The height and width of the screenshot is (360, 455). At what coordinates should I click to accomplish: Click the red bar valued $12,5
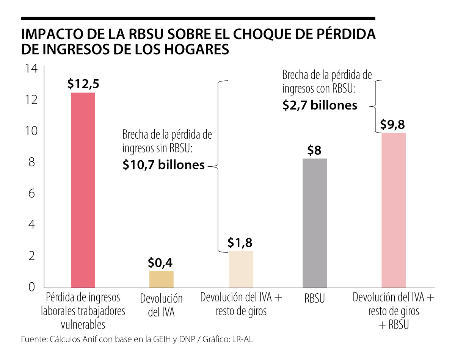click(83, 189)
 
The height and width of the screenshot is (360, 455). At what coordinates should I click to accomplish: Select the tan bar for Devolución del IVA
click(162, 279)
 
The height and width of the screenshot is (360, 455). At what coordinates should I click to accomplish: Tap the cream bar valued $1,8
click(241, 269)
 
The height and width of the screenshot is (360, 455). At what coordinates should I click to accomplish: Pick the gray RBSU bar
click(315, 223)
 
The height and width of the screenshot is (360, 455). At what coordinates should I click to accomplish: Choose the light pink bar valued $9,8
click(394, 210)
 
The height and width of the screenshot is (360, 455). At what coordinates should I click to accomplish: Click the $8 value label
click(314, 150)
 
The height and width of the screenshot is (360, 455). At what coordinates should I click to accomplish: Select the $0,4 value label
click(161, 263)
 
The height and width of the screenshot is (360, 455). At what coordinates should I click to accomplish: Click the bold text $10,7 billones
click(163, 165)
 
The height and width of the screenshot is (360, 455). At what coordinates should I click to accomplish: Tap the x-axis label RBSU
click(314, 299)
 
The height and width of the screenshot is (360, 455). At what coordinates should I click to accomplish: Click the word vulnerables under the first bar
click(83, 325)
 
